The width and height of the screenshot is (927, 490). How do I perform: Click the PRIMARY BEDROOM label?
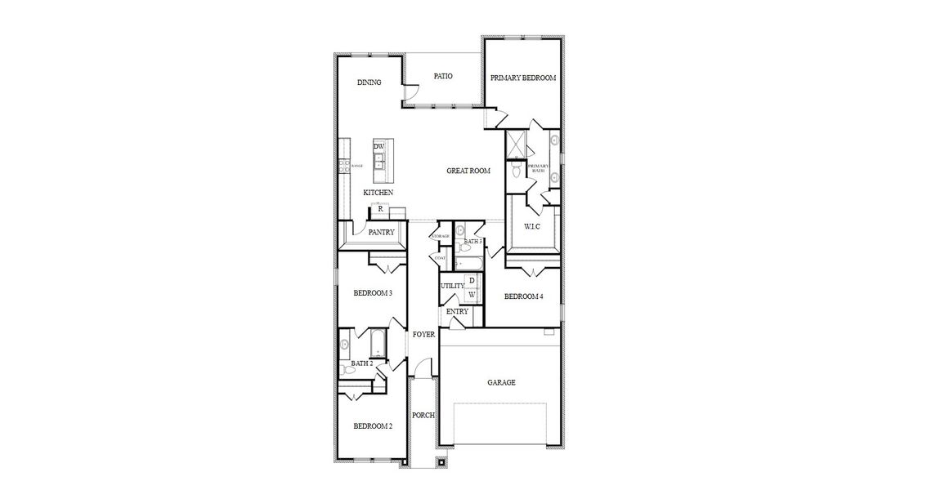[523, 78]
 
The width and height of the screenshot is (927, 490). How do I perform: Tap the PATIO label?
[443, 77]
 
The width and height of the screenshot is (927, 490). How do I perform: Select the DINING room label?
[369, 82]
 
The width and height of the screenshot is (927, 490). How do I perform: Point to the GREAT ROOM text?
[468, 171]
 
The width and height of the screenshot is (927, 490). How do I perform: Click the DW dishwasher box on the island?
[379, 146]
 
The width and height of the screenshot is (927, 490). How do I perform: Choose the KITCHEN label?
[378, 193]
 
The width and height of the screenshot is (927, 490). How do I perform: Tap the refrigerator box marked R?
[380, 209]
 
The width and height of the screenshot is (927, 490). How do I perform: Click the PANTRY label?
[381, 233]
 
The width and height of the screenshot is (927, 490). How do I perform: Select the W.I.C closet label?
[533, 225]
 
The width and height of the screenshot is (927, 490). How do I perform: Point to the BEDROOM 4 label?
[523, 296]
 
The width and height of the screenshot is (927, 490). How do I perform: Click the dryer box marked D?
[471, 281]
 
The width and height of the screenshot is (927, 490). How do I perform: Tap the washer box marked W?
[471, 294]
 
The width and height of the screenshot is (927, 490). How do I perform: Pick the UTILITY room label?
[452, 286]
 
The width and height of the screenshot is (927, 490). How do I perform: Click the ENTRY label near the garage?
[458, 312]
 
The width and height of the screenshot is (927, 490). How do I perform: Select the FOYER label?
[423, 335]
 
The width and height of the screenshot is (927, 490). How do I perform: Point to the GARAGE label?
[501, 382]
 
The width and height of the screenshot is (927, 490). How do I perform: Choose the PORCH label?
[423, 415]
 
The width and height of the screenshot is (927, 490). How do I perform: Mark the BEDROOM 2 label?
[373, 426]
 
